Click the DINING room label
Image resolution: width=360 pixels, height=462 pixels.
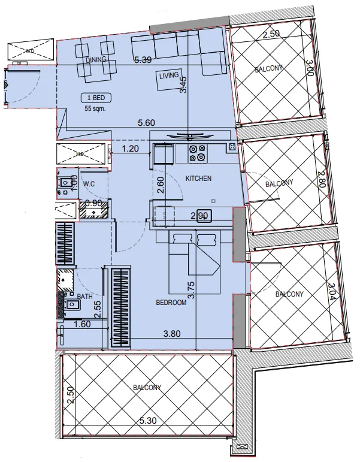tap(96, 60)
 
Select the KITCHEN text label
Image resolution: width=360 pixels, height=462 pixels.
tap(198, 179)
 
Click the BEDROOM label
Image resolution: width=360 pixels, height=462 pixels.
tap(171, 303)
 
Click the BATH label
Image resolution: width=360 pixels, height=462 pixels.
tap(85, 296)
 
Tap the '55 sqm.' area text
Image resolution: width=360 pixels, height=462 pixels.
tap(96, 108)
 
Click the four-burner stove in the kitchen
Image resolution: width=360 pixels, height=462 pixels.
tap(198, 153)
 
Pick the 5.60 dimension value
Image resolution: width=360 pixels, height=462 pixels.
tap(146, 122)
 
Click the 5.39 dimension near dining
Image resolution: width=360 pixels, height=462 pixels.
tap(143, 60)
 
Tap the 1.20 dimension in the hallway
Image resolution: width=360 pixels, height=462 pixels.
tap(131, 148)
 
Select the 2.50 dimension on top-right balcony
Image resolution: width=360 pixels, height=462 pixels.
tap(271, 35)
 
